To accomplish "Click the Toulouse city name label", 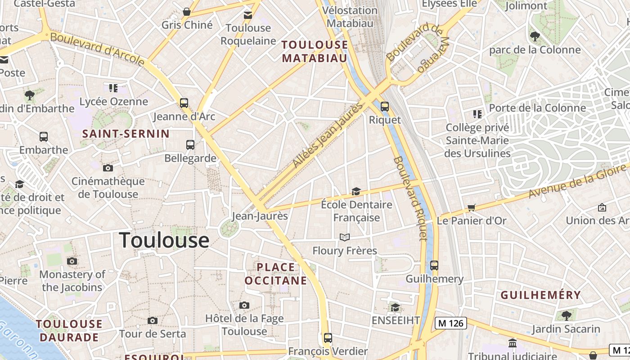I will [164, 240].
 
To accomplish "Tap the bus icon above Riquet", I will [384, 107].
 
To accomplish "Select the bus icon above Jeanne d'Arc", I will [184, 103].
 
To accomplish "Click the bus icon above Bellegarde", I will [190, 145].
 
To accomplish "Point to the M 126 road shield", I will [450, 323].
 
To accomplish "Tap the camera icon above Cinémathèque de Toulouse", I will [108, 168].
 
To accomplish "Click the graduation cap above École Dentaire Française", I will [356, 192].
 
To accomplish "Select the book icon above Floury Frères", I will [345, 237].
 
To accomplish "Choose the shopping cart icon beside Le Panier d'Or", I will [471, 207].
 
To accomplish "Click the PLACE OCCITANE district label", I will [276, 274].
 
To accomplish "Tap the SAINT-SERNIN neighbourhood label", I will [126, 134].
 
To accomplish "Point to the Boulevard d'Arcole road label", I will [97, 49].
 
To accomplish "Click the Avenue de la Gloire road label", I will [578, 181].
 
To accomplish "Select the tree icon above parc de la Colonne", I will [535, 36].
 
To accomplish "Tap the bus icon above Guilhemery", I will [434, 265].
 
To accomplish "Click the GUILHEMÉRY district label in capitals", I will [540, 295].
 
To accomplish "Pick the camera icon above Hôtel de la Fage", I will [244, 306].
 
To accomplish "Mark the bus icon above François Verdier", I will [328, 338].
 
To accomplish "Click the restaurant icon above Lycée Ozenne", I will [113, 88].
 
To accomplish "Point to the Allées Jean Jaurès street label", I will [328, 135].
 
